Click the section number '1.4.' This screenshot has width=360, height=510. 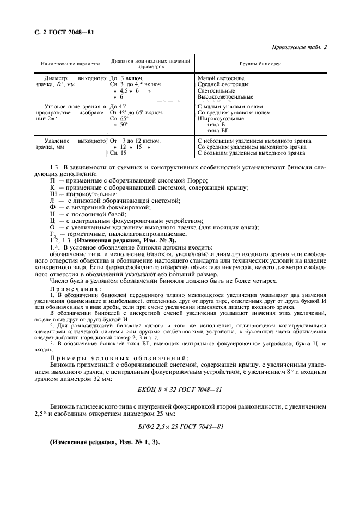(56, 247)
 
